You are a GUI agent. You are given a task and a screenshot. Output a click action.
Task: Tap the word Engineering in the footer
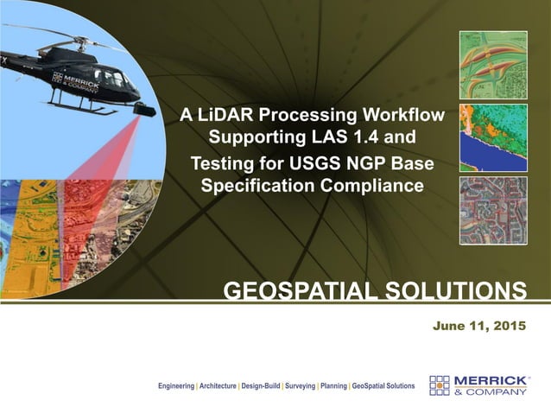[x=175, y=385]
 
